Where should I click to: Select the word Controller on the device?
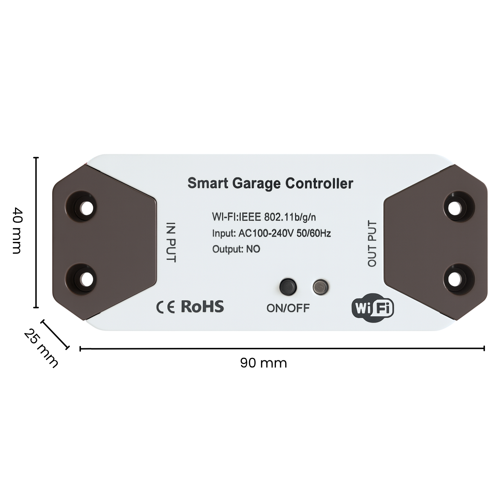point(319,183)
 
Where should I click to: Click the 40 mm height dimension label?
point(18,230)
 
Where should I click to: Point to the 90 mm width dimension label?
point(263,363)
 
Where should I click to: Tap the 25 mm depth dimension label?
point(41,349)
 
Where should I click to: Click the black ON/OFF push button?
point(288,287)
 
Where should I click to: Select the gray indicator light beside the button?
point(321,287)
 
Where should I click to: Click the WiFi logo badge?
point(373,308)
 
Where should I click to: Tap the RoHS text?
point(202,306)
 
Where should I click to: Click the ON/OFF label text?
point(288,308)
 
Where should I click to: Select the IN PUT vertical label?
point(171,243)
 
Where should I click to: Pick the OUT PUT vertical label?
point(372,244)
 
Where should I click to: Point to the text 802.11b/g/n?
point(290,217)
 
